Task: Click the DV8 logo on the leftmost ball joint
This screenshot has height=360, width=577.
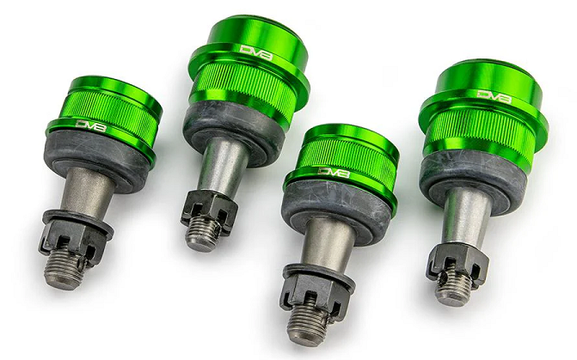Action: click(x=91, y=125)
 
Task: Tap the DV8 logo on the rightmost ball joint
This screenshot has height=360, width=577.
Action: click(x=494, y=96)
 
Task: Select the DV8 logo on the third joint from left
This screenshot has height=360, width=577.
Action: click(x=334, y=172)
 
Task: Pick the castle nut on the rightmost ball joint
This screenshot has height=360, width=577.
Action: click(x=457, y=262)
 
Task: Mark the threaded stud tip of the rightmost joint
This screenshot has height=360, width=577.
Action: click(x=453, y=287)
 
